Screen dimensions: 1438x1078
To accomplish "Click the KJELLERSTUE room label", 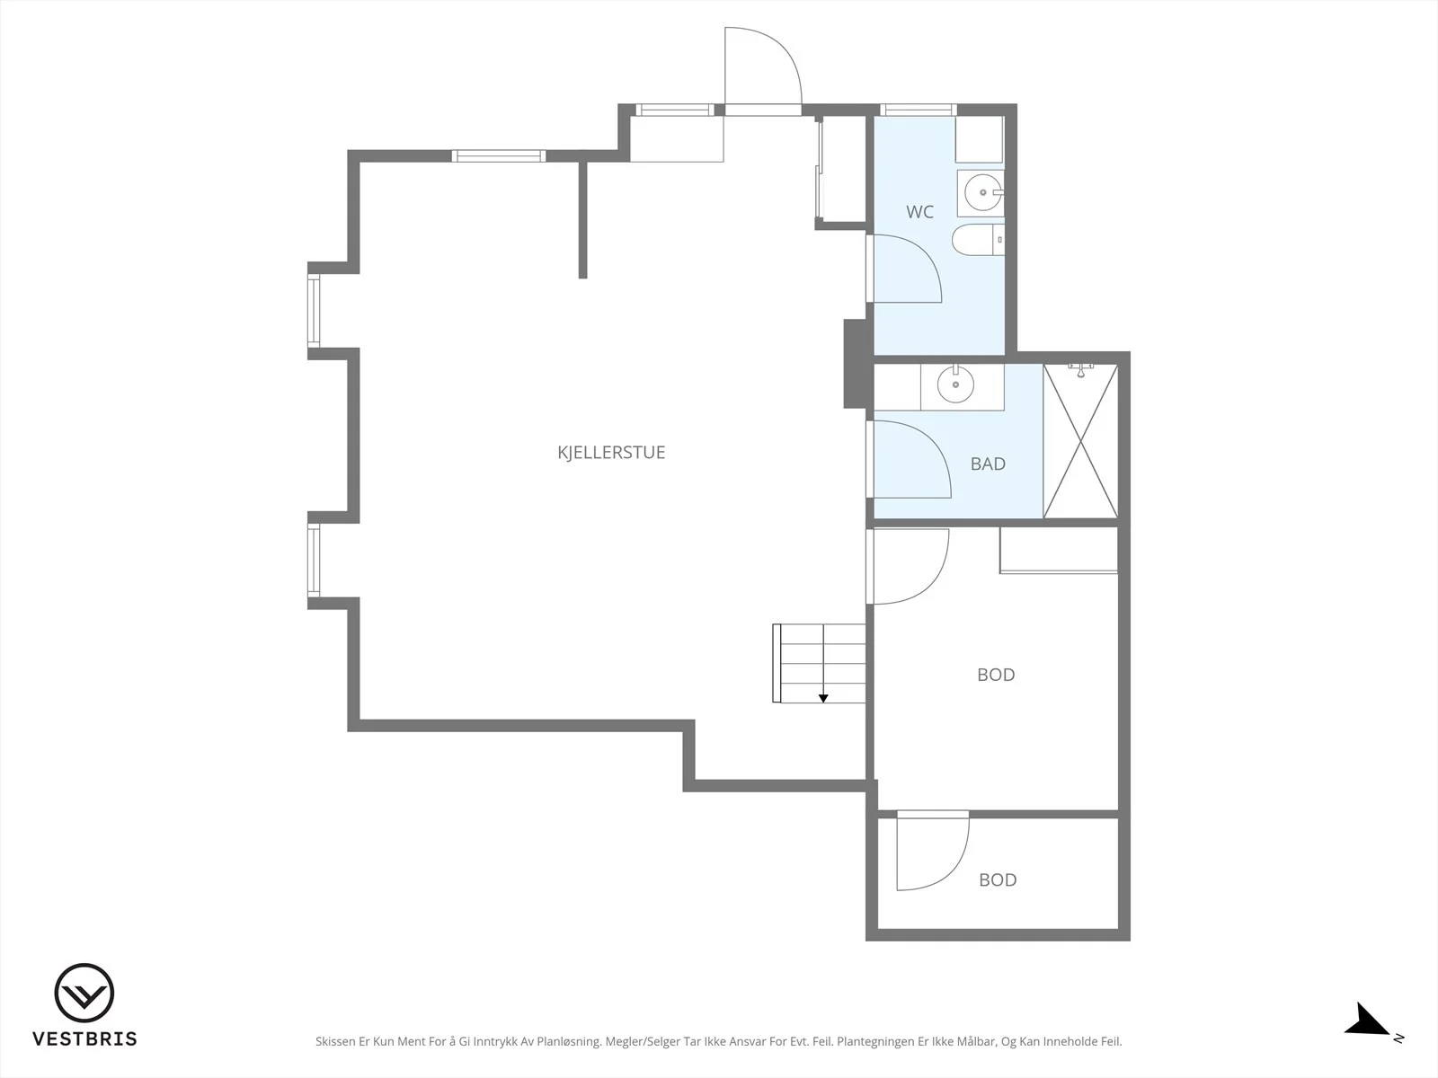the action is [x=611, y=452].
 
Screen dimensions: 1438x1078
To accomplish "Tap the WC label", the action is [x=919, y=211].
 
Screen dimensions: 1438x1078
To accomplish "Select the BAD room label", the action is [x=988, y=464].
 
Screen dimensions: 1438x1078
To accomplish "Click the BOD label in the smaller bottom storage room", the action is [x=998, y=879].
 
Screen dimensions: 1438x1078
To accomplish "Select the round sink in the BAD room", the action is [x=955, y=384].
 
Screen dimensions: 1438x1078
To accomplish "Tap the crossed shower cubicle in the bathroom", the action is [x=1080, y=441].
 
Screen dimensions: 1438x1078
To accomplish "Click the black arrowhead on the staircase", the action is [x=823, y=698].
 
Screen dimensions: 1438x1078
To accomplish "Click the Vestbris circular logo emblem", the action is [x=84, y=993].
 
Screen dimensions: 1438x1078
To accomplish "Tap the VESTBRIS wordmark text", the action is [x=84, y=1038].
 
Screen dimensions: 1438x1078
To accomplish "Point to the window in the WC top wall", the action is [x=918, y=110].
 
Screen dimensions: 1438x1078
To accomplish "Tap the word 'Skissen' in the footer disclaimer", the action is [x=335, y=1041].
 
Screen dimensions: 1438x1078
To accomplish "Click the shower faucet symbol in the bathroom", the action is [x=1081, y=370].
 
